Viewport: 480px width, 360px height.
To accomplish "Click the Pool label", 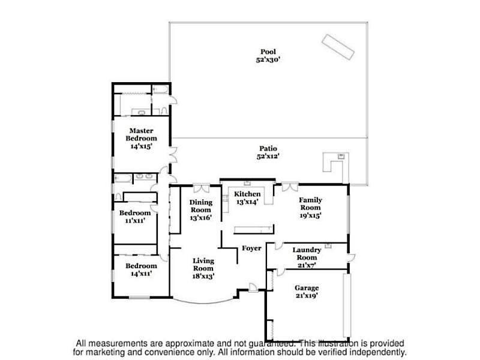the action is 268,52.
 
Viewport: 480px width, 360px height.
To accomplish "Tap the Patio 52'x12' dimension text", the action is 268,156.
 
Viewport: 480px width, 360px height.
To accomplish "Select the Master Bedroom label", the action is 141,134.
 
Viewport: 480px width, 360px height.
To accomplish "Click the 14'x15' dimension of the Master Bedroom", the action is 141,146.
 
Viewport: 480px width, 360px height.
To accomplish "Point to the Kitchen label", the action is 247,194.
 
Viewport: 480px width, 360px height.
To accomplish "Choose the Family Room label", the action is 310,203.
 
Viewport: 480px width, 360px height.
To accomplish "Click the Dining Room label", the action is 201,206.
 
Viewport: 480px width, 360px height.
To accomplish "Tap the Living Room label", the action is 203,265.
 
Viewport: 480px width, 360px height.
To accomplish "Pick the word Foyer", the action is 251,248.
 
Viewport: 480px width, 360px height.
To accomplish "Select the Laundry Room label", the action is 307,253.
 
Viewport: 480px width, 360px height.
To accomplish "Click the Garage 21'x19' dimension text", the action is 307,295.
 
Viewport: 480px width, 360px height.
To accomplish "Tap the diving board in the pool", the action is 338,47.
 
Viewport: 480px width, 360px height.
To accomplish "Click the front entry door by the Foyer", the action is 253,288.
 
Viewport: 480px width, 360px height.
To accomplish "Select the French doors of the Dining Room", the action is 202,188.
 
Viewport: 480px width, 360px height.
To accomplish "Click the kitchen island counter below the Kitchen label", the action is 254,229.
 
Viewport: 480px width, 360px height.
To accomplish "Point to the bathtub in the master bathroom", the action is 160,89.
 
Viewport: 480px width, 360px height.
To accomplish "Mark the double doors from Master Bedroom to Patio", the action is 173,155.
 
